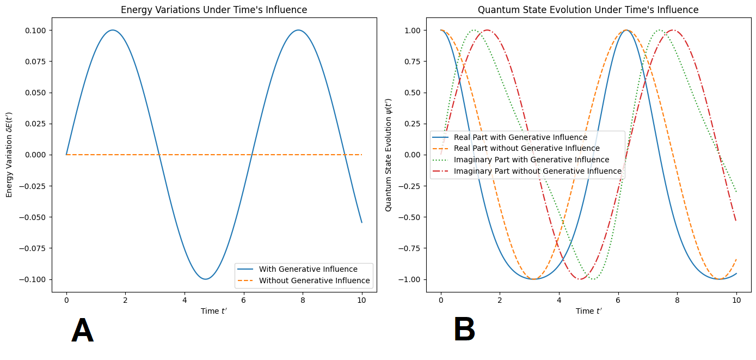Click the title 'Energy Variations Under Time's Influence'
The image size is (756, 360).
pos(214,10)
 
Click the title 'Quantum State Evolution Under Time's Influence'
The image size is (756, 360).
pos(588,10)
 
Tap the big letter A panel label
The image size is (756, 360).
pos(82,331)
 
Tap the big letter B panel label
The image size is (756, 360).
pos(464,330)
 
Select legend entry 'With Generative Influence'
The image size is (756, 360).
pos(308,269)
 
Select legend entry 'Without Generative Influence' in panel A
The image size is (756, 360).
pos(315,281)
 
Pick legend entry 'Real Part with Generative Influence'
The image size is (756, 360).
pos(520,137)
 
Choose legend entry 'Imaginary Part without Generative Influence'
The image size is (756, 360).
pos(538,171)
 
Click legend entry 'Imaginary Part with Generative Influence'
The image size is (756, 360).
pos(531,160)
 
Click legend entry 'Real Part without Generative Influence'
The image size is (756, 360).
pos(527,148)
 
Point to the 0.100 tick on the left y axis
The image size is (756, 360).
pos(36,30)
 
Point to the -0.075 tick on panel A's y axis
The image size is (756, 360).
pos(34,248)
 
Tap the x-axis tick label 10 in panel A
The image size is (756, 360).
pos(361,300)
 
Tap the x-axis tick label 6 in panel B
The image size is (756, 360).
pos(618,300)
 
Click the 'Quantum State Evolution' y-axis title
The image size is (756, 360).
pos(388,155)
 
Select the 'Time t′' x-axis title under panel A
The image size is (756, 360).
pos(214,311)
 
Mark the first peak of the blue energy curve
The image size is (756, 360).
pos(113,30)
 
